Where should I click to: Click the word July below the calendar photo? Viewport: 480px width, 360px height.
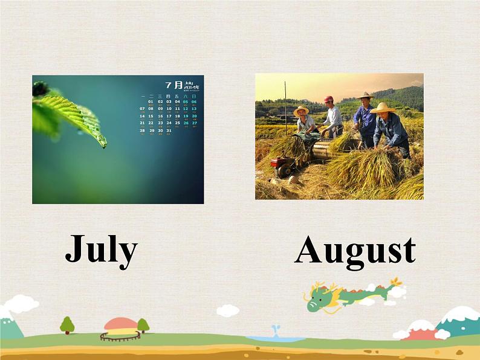click(101, 249)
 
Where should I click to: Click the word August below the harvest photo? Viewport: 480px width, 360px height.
click(355, 251)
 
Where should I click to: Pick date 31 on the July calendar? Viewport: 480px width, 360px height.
click(169, 130)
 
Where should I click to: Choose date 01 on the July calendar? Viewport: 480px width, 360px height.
click(151, 101)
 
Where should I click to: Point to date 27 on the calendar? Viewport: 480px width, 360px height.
click(195, 123)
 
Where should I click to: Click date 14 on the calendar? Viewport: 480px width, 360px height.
click(142, 116)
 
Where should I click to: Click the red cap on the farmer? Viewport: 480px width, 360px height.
click(328, 99)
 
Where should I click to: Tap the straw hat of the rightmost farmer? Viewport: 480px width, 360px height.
click(381, 108)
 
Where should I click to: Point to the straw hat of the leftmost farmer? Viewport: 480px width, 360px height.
click(300, 111)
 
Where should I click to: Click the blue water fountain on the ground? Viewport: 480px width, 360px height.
click(275, 333)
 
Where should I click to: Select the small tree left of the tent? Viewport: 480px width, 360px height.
click(67, 325)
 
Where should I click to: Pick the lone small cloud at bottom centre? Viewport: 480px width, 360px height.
click(227, 310)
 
